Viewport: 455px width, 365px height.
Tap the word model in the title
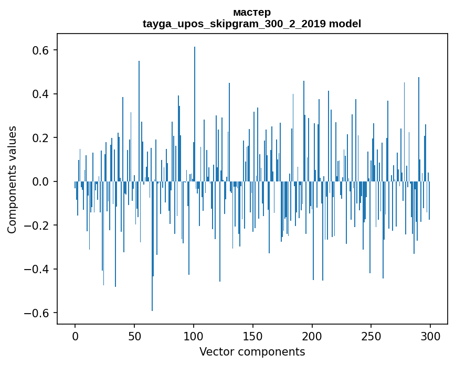[x=345, y=24]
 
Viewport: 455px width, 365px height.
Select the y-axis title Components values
[x=12, y=179]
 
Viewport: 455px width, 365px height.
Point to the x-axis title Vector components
[x=252, y=352]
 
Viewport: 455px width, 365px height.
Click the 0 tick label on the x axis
[x=75, y=336]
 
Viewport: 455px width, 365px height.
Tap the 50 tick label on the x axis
[x=134, y=336]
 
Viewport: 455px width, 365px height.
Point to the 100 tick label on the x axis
[x=194, y=336]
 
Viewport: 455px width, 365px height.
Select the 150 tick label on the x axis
[x=253, y=336]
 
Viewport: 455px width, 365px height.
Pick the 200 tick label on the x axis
[x=312, y=336]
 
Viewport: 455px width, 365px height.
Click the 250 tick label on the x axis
[x=372, y=336]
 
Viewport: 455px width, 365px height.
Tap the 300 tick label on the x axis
[x=431, y=336]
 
